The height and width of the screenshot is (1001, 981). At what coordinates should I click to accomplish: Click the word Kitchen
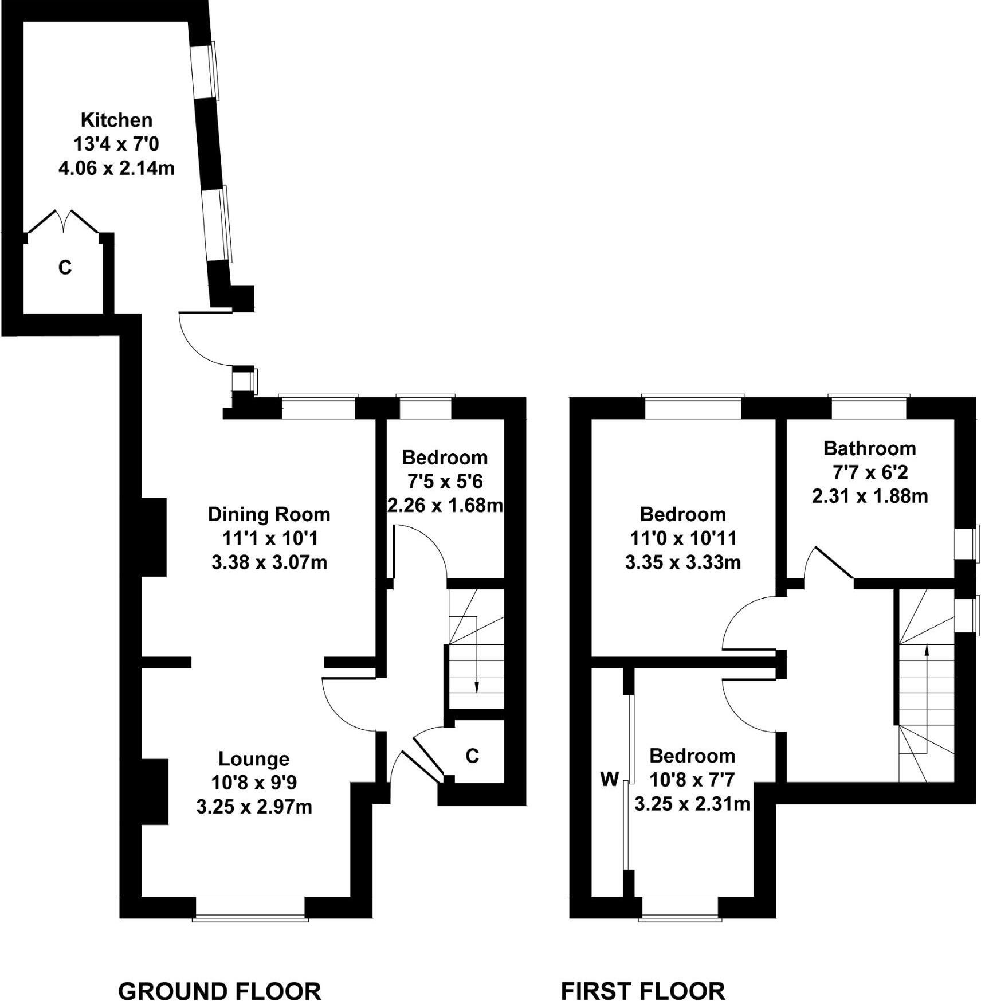[x=116, y=120]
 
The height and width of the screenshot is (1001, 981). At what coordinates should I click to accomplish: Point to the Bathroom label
[x=869, y=448]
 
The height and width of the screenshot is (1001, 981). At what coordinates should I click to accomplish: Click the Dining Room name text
[x=269, y=514]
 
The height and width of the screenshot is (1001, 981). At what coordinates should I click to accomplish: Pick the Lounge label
[x=254, y=758]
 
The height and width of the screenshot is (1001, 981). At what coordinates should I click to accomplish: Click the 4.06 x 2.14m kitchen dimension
[x=116, y=169]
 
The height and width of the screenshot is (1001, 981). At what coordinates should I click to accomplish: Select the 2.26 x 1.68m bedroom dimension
[x=445, y=505]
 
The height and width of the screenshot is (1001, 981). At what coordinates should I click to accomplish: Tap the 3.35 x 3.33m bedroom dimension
[x=682, y=562]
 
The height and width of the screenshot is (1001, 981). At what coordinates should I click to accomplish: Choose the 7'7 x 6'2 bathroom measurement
[x=869, y=472]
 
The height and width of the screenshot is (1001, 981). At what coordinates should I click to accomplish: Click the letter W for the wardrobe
[x=609, y=779]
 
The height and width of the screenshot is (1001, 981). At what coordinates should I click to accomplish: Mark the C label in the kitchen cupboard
[x=65, y=267]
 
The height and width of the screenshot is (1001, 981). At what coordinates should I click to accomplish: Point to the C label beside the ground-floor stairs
[x=472, y=756]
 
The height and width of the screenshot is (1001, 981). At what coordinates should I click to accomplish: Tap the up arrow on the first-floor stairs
[x=926, y=651]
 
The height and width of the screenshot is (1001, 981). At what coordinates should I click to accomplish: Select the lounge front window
[x=250, y=909]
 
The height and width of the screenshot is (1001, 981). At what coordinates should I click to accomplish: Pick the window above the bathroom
[x=869, y=406]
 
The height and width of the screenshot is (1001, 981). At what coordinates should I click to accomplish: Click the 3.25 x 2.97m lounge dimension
[x=254, y=807]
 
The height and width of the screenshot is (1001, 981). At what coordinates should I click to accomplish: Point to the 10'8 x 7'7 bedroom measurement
[x=692, y=780]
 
